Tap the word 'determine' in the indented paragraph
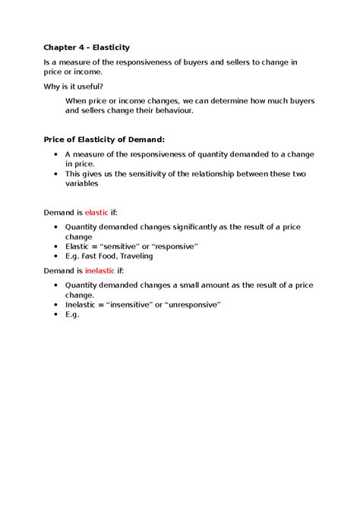(232, 100)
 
